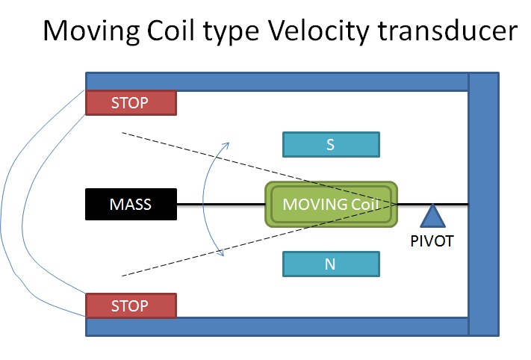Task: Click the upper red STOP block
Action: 131,103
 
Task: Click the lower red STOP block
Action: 131,305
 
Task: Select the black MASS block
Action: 131,204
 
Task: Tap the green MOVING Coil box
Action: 331,204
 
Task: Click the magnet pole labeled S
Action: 331,144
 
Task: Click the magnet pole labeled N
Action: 331,264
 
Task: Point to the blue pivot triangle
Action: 432,217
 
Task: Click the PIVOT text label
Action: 432,243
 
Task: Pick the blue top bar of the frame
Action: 276,81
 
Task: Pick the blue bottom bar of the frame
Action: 276,326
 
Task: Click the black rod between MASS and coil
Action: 220,204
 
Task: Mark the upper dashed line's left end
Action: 121,134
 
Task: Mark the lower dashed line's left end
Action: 121,274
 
